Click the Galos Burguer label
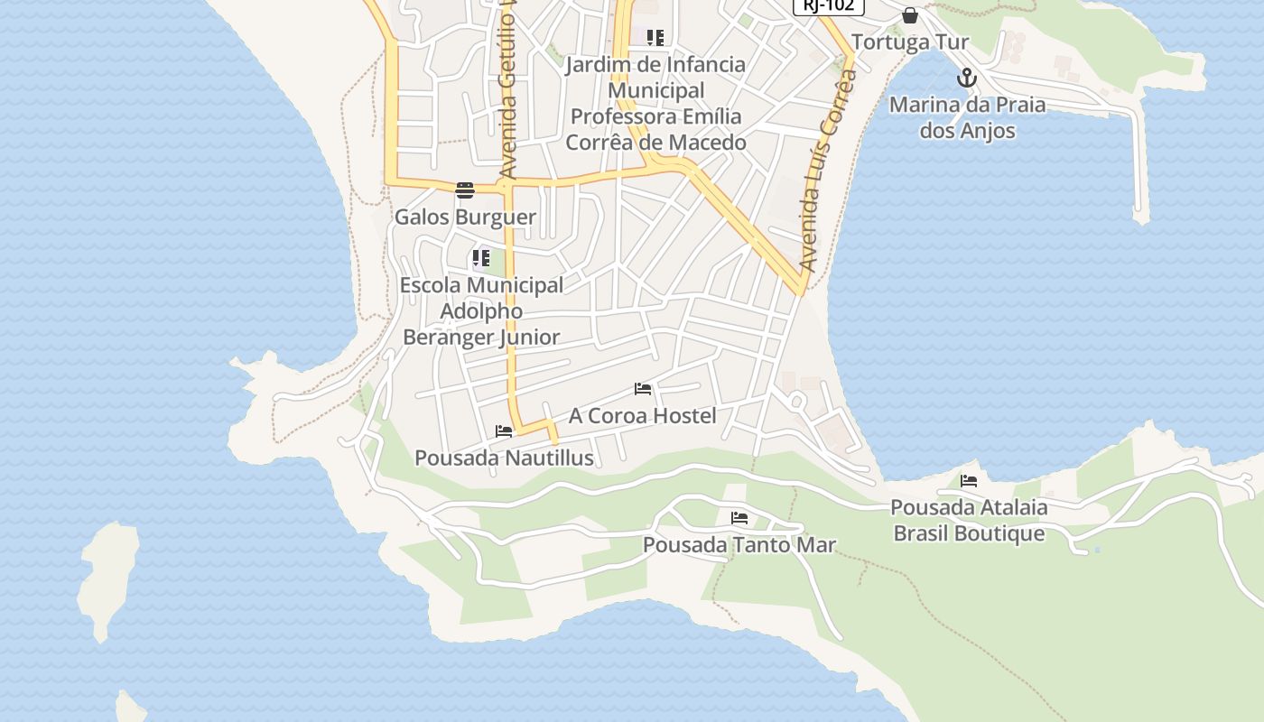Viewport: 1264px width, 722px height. (465, 218)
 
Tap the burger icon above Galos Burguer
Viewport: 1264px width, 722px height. (465, 190)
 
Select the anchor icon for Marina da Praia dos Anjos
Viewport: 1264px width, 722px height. (967, 78)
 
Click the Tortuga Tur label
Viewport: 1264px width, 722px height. (909, 42)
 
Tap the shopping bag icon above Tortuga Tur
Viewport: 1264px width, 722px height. (910, 15)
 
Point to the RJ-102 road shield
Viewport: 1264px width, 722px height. (829, 5)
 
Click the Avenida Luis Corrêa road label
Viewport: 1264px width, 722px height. (828, 171)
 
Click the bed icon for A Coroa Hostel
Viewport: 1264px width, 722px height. (643, 389)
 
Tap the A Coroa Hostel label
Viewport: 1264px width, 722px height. (642, 416)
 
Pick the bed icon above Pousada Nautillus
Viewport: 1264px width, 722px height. (504, 431)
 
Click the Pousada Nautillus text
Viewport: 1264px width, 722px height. (504, 458)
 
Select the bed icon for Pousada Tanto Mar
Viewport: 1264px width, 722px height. (739, 518)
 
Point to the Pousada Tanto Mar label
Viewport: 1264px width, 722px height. (739, 545)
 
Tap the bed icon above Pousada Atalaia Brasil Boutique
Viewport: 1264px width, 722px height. (969, 481)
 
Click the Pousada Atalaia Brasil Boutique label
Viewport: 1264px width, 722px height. (969, 520)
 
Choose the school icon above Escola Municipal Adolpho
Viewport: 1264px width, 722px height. (481, 259)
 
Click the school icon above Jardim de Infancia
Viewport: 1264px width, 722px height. (655, 38)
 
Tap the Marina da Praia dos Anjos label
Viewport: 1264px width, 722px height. (967, 117)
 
